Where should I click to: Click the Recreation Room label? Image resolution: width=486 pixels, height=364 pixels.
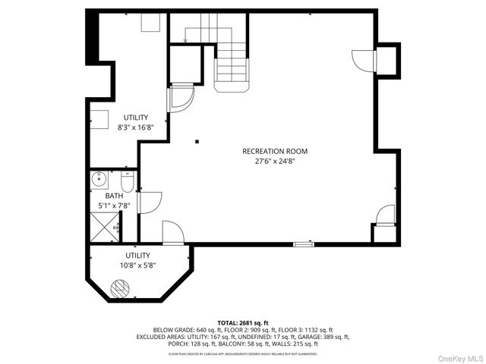click(x=275, y=151)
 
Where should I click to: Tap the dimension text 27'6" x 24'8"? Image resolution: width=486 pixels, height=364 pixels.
click(x=275, y=161)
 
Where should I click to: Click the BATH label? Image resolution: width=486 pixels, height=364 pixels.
click(x=114, y=196)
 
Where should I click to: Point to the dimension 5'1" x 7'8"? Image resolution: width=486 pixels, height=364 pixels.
click(x=114, y=205)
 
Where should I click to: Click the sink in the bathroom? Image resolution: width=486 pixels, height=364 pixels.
click(x=98, y=180)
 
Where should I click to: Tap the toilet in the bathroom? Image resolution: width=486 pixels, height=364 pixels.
click(x=127, y=183)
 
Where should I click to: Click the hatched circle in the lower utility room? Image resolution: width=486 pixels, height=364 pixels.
click(x=121, y=288)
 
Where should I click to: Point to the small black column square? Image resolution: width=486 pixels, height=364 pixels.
click(x=196, y=140)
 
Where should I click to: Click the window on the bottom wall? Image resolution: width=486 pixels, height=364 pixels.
click(x=304, y=243)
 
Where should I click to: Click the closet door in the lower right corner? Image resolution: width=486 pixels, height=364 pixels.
click(x=386, y=215)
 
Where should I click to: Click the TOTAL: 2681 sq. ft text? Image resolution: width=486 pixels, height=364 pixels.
click(x=243, y=322)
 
